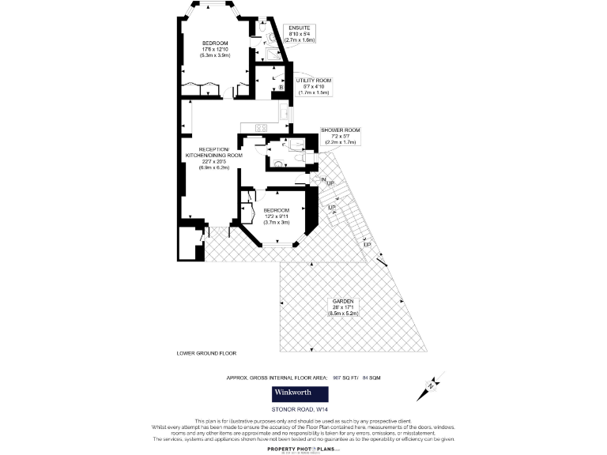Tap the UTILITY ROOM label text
(313, 81)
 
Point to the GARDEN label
(343, 302)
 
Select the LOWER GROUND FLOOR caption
(206, 353)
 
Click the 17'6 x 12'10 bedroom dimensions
(215, 51)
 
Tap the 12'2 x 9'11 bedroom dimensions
(276, 216)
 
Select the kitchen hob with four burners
(261, 127)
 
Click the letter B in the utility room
(292, 87)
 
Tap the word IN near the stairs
(323, 179)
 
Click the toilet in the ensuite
(270, 37)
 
